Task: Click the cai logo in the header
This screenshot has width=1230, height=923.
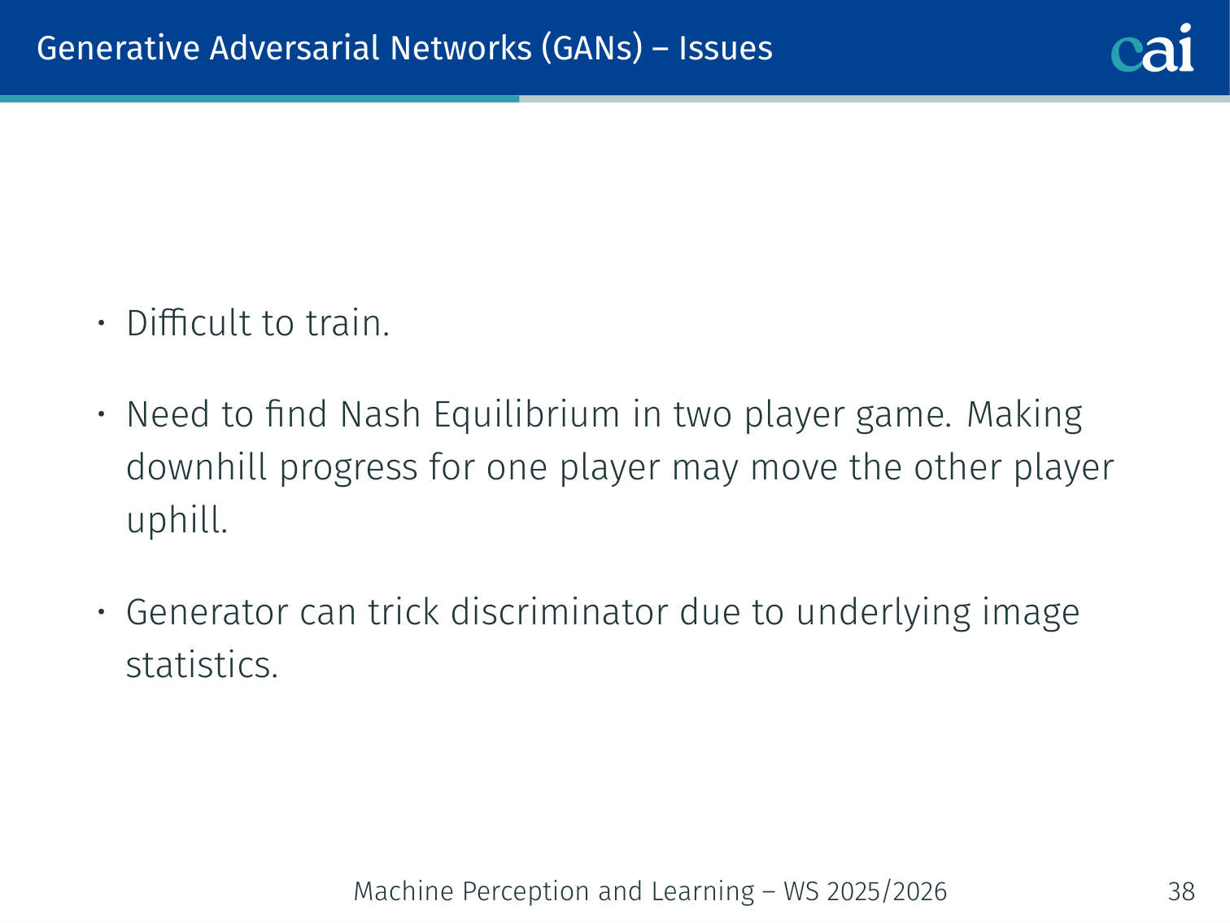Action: [x=1152, y=48]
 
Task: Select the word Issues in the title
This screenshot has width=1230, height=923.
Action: [x=726, y=48]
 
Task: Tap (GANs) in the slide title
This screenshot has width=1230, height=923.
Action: [x=591, y=49]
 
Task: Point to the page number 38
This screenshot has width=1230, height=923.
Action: [x=1181, y=891]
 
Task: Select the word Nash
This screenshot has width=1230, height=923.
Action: [x=380, y=414]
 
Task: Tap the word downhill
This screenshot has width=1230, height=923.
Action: [x=196, y=467]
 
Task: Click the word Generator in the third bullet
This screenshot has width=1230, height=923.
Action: [x=207, y=612]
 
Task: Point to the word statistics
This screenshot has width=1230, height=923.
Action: [x=202, y=665]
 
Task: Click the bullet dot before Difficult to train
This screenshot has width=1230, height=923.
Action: [x=101, y=323]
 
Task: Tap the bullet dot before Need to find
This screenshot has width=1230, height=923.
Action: [x=101, y=414]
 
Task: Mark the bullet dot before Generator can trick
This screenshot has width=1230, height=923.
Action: [x=101, y=612]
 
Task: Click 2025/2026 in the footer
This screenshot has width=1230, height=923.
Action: [x=887, y=891]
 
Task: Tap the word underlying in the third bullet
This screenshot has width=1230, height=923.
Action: [x=883, y=613]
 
